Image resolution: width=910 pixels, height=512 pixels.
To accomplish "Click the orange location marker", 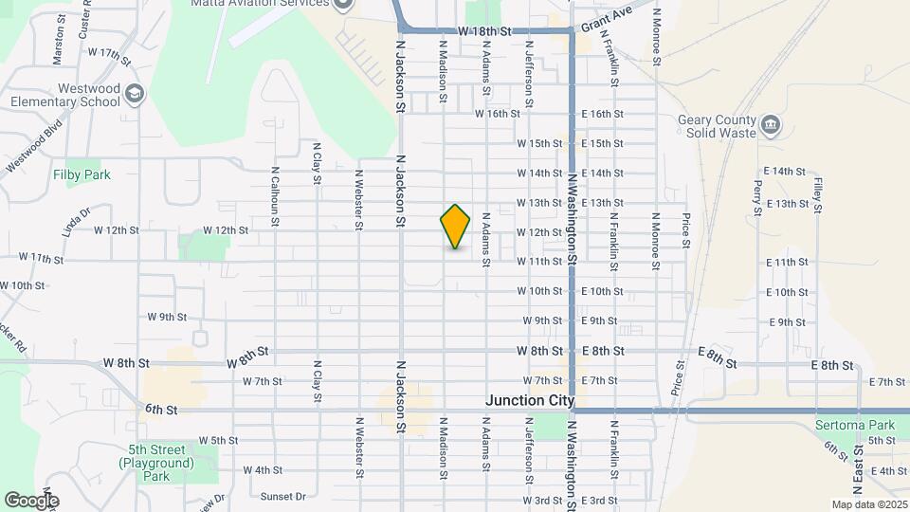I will tap(456, 226).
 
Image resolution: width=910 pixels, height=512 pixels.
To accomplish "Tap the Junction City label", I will tap(530, 401).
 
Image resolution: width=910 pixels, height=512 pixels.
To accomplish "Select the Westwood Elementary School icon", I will tap(135, 93).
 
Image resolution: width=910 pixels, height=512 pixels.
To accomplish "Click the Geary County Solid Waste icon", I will tap(771, 123).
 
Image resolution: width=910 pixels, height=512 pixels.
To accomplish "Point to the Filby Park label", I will tap(82, 174).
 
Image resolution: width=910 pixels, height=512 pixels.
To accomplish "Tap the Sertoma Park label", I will tap(855, 425).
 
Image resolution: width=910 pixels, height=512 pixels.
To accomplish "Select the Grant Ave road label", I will tap(607, 19).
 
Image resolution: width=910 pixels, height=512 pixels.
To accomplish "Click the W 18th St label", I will tap(483, 31).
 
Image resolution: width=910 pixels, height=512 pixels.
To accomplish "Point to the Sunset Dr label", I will tap(283, 496).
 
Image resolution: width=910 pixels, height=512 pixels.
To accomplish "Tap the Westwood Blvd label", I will tap(34, 147).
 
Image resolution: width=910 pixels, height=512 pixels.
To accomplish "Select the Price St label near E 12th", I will tap(685, 230).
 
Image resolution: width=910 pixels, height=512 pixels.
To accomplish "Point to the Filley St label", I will tap(817, 192).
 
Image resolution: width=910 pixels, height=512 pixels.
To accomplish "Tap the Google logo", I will tap(31, 500).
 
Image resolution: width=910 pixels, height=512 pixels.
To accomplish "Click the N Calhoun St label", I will tap(275, 197).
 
